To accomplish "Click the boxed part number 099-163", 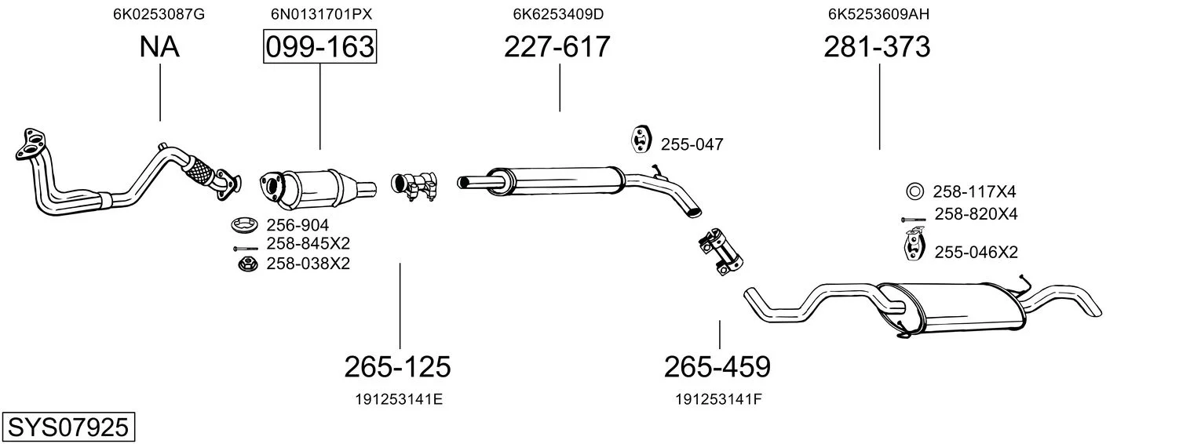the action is [x=319, y=46].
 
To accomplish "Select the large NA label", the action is [x=159, y=46].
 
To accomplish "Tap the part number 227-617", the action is [x=557, y=46].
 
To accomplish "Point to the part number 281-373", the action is [x=877, y=46].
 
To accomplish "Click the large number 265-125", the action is [x=397, y=367].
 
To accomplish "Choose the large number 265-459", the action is [x=717, y=367].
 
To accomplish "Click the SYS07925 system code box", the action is [x=68, y=428].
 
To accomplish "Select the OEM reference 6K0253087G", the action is [x=159, y=14].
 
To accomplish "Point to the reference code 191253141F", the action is [x=718, y=399].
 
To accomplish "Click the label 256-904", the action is [x=298, y=225].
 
